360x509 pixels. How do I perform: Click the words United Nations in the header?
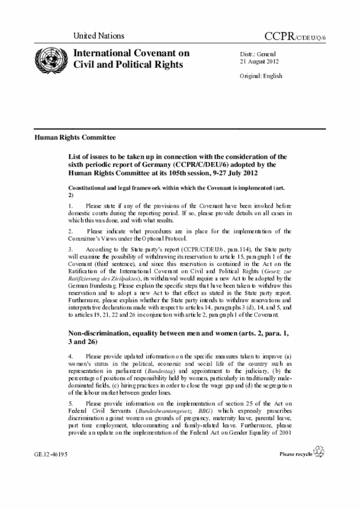(x=98, y=36)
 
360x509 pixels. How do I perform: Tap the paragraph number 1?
(x=70, y=206)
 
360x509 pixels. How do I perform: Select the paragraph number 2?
(x=70, y=231)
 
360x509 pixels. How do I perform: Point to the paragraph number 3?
(x=70, y=249)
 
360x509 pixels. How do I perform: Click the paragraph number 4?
(x=70, y=356)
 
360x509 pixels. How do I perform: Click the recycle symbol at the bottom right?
(x=319, y=452)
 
